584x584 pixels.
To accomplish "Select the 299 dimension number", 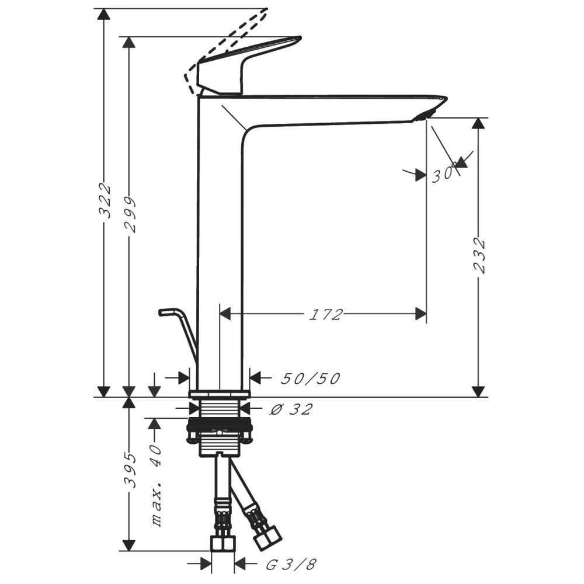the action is point(130,214).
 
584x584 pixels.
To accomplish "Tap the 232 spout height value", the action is point(479,256).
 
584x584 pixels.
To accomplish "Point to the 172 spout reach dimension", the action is point(325,315).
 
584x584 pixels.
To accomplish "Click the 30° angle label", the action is point(443,173).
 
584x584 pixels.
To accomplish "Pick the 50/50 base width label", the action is point(310,379).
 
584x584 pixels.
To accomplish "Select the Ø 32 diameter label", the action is point(291,409).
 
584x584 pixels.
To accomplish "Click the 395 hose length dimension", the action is point(130,470).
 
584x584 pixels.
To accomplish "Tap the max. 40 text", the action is point(157,485).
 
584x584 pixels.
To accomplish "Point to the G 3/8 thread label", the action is point(291,565).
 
